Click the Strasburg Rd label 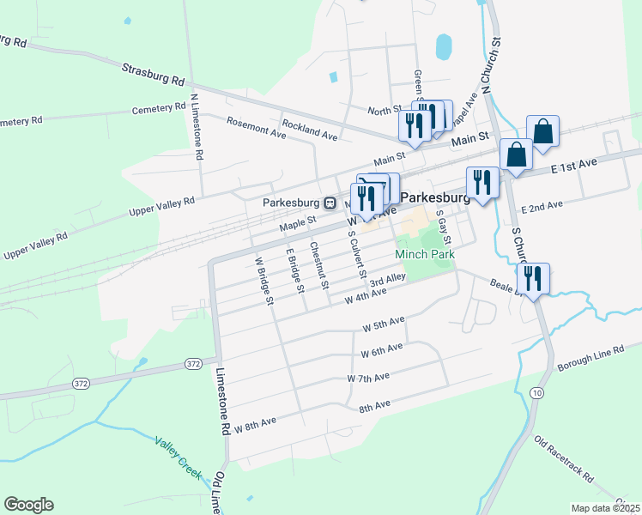pos(154,75)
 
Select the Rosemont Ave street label pos(256,129)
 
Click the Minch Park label pos(424,254)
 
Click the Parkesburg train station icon pos(329,203)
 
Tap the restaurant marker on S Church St pos(535,278)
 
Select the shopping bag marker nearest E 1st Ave pos(516,154)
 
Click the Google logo pos(28,505)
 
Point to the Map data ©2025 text pos(606,508)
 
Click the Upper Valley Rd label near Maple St pos(161,206)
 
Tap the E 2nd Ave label pos(542,207)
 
